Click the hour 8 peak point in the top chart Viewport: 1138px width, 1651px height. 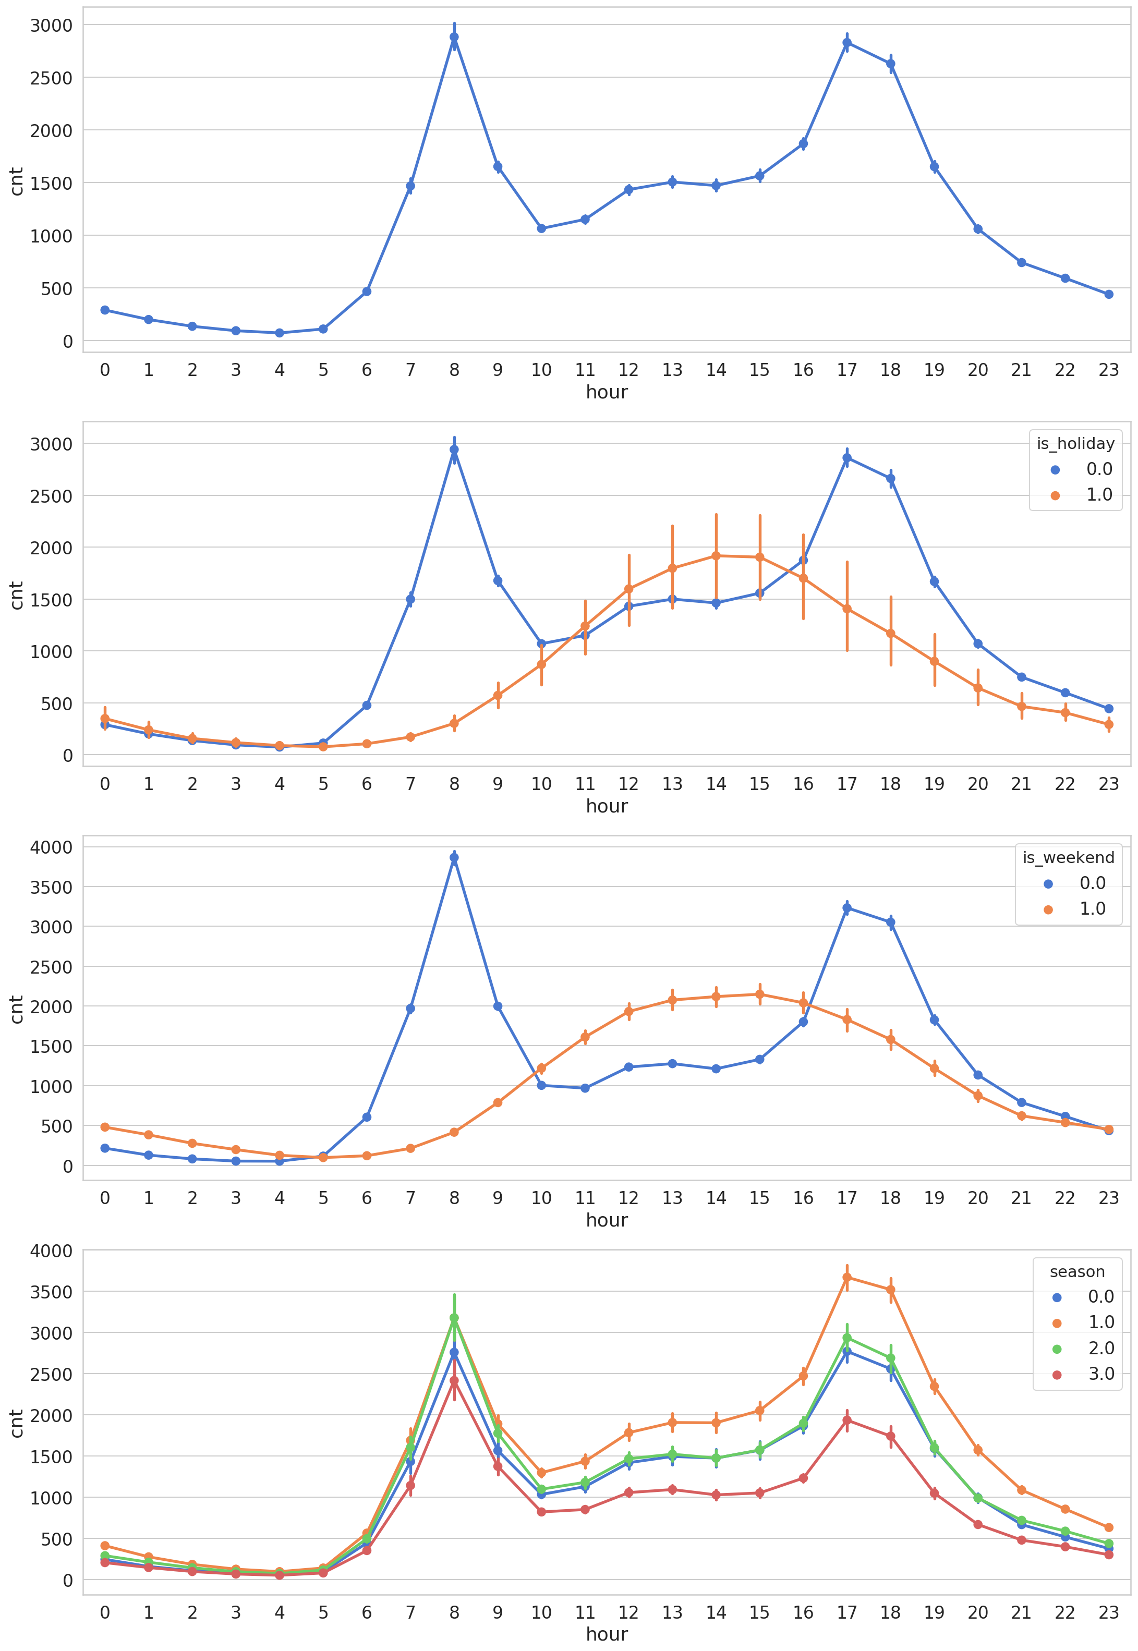pos(454,37)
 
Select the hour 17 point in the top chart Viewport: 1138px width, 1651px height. pos(846,43)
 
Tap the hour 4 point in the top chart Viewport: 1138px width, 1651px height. pos(280,333)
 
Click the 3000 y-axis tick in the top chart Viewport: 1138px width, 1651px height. pos(51,26)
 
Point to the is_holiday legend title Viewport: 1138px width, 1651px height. pos(1075,443)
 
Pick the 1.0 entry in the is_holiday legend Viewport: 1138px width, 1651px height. pos(1098,495)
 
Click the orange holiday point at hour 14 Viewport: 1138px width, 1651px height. pos(716,556)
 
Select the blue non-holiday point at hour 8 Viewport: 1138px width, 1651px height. pos(454,450)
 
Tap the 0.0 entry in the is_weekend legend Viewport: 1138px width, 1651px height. pos(1092,883)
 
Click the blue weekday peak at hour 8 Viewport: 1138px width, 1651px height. pos(454,858)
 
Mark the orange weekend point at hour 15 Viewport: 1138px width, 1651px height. pos(759,994)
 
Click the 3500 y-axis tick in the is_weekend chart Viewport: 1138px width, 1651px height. pos(51,888)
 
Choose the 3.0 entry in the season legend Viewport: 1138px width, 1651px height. pos(1100,1374)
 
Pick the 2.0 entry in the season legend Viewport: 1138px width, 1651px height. pos(1100,1348)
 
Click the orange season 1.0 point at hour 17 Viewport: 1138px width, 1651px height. pos(846,1278)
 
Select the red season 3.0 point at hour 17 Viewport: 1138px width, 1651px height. pos(846,1421)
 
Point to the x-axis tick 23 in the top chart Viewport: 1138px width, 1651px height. pos(1108,370)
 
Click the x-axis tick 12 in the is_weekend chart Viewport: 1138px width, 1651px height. pos(628,1198)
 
